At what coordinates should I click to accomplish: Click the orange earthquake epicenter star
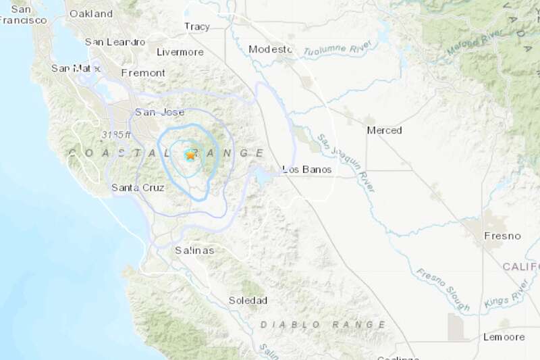pyautogui.click(x=190, y=155)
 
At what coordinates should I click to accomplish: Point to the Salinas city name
pyautogui.click(x=194, y=251)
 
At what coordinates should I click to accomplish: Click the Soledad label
pyautogui.click(x=248, y=300)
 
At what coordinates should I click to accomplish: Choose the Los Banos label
pyautogui.click(x=307, y=170)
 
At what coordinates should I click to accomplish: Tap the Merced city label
pyautogui.click(x=384, y=130)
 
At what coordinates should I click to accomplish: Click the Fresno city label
pyautogui.click(x=502, y=236)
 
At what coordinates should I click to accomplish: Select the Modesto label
pyautogui.click(x=270, y=49)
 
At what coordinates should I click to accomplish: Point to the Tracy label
pyautogui.click(x=197, y=27)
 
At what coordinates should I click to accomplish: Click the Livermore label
pyautogui.click(x=180, y=52)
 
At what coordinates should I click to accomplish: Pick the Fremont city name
pyautogui.click(x=143, y=72)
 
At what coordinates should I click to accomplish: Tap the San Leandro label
pyautogui.click(x=115, y=42)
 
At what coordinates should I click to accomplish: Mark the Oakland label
pyautogui.click(x=91, y=14)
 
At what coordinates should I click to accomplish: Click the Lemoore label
pyautogui.click(x=503, y=336)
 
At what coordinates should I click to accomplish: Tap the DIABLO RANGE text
pyautogui.click(x=323, y=325)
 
